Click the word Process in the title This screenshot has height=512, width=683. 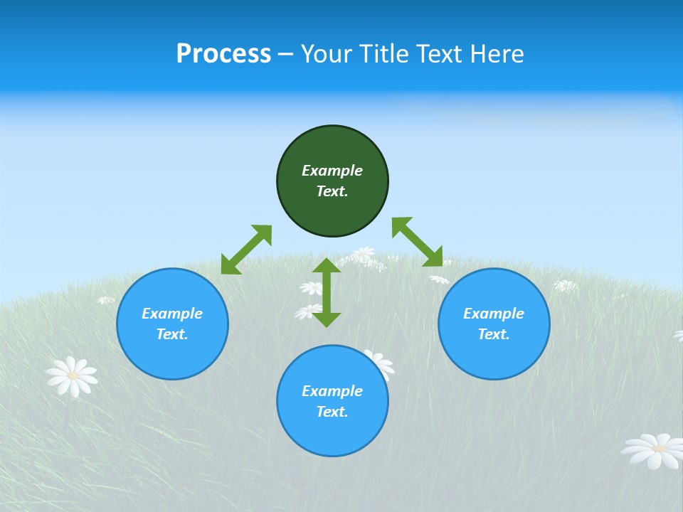coord(223,54)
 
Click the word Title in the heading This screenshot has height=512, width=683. coord(385,54)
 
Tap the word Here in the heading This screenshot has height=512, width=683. coord(495,54)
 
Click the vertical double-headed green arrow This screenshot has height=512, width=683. coord(327,292)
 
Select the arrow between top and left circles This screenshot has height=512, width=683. coord(246,250)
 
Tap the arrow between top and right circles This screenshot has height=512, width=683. coord(417,242)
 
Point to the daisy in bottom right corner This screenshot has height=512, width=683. coord(653,450)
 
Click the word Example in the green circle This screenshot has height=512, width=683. coord(332,171)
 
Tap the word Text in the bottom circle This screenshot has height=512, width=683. coord(332,412)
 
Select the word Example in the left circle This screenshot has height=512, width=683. coord(172,314)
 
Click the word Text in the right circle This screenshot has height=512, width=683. coord(493,334)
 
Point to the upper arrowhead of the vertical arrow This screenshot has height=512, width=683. coord(327,267)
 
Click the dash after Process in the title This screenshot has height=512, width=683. coord(285,54)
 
